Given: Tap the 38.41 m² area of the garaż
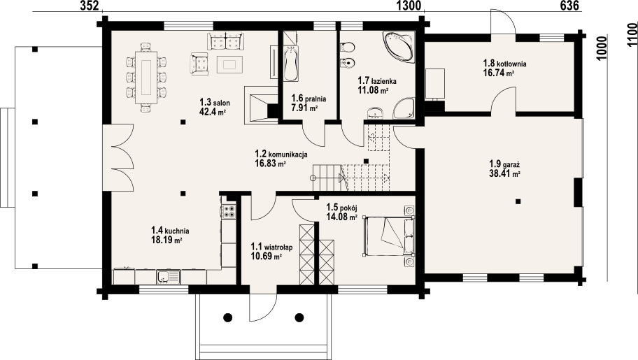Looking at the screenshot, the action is point(505,173).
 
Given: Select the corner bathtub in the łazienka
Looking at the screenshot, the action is point(398,48).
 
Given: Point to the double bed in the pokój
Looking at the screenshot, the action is point(389,236).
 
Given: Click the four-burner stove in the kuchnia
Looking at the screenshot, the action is point(229,212).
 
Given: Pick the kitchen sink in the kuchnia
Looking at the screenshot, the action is point(168,277).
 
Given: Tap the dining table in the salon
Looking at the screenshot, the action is point(146,78).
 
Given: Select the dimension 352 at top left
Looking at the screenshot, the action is point(89,6).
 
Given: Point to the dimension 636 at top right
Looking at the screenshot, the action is point(569,6).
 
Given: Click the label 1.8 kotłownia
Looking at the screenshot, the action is point(504,64).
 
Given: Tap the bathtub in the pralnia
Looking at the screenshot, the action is point(290,64).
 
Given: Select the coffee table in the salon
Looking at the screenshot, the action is point(229,64).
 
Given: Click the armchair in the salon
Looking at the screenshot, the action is point(199,64).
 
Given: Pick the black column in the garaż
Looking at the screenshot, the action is point(518,201).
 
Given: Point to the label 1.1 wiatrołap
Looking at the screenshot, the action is point(271,247).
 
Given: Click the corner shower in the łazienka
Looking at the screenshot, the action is point(404,108).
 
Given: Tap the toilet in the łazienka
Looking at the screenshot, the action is point(347,48).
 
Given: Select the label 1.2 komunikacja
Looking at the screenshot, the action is point(281,154).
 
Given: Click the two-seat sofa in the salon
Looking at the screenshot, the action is point(226,41).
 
